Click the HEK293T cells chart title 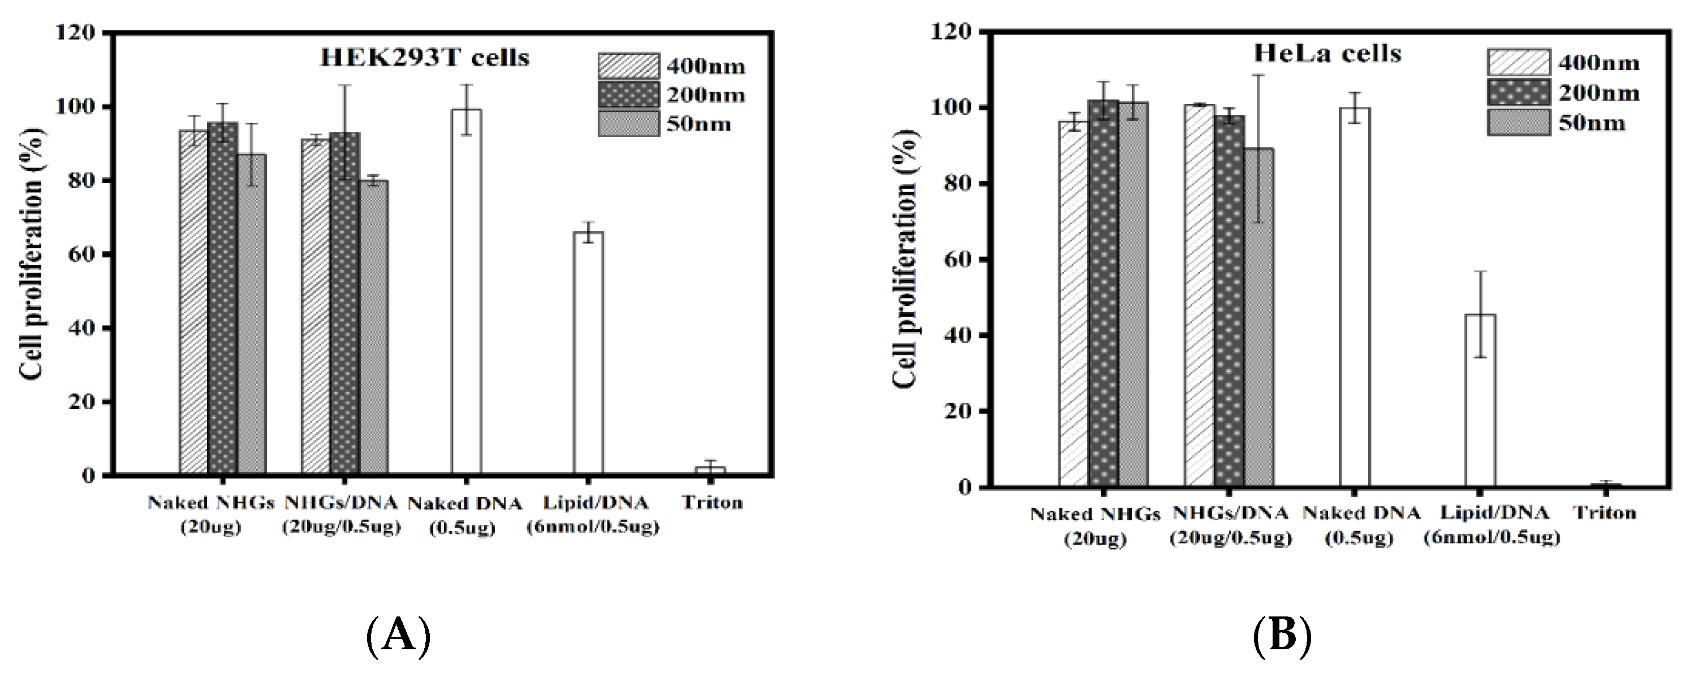[424, 58]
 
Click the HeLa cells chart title [1327, 54]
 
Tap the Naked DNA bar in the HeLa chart [1355, 297]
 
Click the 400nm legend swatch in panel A [628, 66]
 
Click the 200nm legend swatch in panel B [1518, 93]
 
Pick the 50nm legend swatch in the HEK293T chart [628, 123]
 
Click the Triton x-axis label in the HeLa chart [1605, 512]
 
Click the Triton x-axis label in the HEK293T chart [712, 503]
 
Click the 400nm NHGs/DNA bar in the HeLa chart [1200, 295]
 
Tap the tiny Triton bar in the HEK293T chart [711, 470]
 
